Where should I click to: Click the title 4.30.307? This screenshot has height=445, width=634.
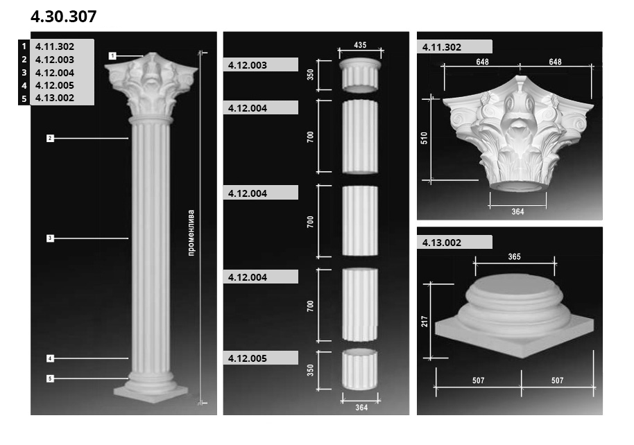click(x=64, y=17)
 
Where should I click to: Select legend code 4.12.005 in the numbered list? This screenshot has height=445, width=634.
click(x=55, y=85)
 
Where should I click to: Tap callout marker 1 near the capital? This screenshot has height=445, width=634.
click(x=112, y=55)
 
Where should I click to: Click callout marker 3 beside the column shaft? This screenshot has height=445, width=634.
click(x=50, y=238)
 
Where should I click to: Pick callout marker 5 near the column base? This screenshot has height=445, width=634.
click(x=50, y=378)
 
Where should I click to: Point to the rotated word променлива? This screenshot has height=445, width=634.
click(x=191, y=232)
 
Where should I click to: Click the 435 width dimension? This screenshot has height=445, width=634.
click(x=360, y=45)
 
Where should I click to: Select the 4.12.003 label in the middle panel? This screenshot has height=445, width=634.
click(x=248, y=65)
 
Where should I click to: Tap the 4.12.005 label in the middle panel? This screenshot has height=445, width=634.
click(x=248, y=358)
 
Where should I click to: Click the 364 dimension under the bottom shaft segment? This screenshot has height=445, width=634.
click(x=361, y=408)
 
